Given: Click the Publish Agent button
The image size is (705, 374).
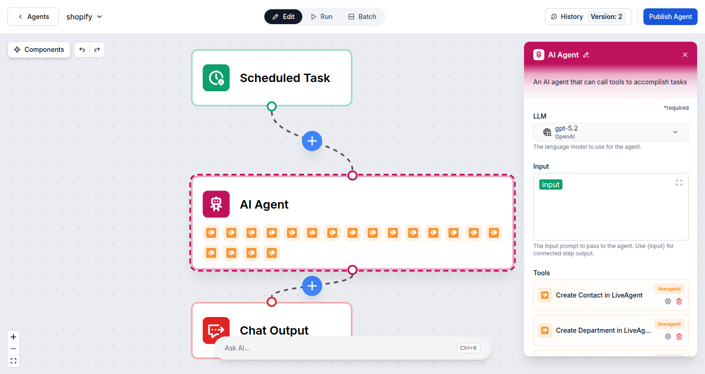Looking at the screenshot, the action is click(670, 17).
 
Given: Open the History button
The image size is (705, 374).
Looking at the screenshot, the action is click(567, 17).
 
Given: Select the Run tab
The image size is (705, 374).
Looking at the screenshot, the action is click(322, 17).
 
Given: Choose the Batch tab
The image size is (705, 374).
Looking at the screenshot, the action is click(362, 17).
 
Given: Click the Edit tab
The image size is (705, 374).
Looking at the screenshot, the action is click(283, 17).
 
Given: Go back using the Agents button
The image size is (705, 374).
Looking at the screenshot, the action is click(33, 17).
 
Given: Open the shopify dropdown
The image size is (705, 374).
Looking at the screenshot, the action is click(84, 17).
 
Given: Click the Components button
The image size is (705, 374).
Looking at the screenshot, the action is click(39, 50).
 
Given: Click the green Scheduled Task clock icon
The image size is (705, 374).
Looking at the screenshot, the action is click(216, 78).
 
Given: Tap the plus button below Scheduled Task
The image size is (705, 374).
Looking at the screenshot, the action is click(312, 141).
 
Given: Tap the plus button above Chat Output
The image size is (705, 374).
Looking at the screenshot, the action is click(312, 286).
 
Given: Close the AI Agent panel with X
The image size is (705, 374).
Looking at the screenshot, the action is click(685, 55).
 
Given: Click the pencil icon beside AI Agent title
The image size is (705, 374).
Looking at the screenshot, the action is click(586, 55).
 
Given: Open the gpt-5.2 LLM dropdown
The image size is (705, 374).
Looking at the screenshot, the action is click(611, 132).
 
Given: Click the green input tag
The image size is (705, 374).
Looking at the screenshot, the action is click(551, 184).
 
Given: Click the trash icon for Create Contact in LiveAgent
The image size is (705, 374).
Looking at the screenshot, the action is click(679, 301).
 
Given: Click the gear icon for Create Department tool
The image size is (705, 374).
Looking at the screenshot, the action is click(668, 336).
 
